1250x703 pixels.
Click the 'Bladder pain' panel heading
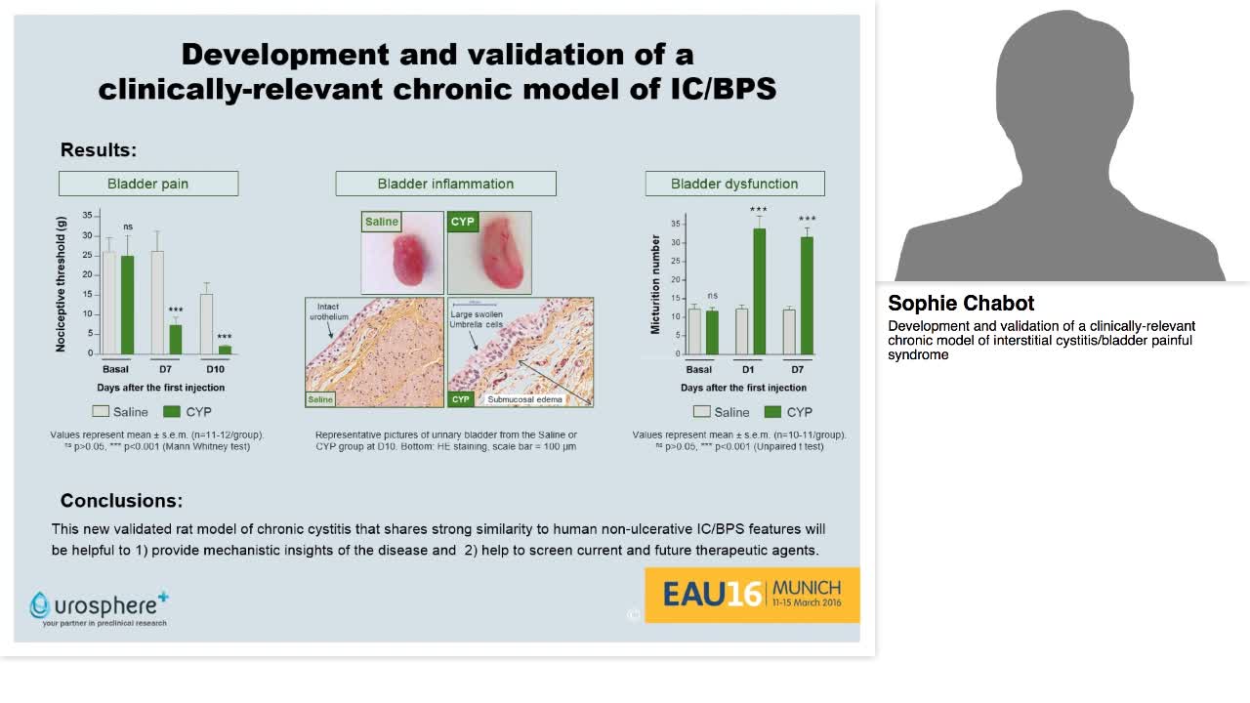click(147, 184)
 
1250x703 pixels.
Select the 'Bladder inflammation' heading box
click(445, 184)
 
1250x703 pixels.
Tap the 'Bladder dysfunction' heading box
click(734, 184)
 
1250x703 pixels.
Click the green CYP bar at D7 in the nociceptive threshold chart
click(176, 339)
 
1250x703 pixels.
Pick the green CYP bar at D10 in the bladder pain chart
click(225, 349)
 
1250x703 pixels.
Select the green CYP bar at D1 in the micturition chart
click(759, 291)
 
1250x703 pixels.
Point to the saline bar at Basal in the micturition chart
click(694, 331)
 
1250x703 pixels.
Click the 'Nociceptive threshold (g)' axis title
click(62, 284)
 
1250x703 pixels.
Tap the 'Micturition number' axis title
click(656, 284)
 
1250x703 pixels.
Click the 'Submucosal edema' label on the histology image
click(524, 399)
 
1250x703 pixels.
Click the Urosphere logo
click(99, 607)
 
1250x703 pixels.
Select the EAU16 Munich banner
click(752, 594)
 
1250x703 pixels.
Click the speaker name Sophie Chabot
click(961, 304)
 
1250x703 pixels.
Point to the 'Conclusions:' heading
click(121, 500)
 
